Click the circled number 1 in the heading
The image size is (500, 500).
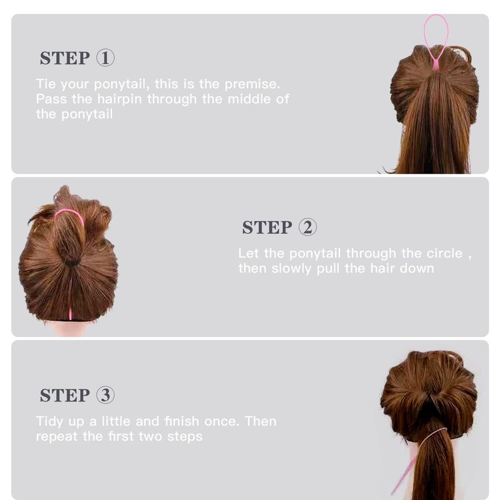105,57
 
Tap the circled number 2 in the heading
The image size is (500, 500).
307,227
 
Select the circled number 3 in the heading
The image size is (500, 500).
105,395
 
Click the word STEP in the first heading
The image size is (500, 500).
65,58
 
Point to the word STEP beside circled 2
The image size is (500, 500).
267,227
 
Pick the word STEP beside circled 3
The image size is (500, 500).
65,396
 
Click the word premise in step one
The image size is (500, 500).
252,84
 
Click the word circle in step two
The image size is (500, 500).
444,253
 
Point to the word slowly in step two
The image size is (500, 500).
291,269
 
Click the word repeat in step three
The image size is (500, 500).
56,436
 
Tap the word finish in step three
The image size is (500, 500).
182,421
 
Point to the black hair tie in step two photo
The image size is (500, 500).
71,264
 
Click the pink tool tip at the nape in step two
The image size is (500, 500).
70,314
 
